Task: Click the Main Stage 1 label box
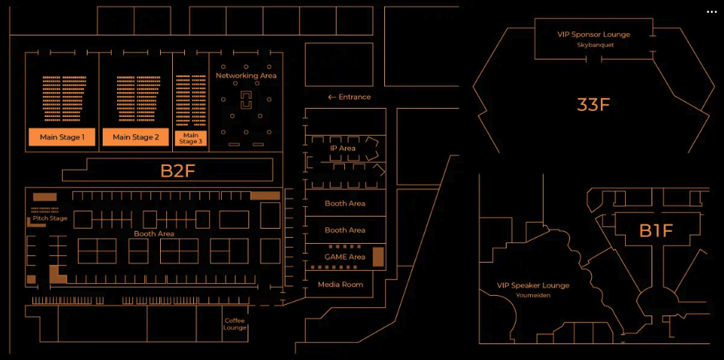(x=62, y=137)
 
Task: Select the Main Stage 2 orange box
(x=136, y=137)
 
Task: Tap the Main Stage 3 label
(x=191, y=138)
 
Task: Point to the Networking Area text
(x=246, y=75)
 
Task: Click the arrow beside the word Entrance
(x=331, y=97)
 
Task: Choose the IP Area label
(x=343, y=148)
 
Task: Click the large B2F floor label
(x=177, y=171)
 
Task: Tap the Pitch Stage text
(x=50, y=218)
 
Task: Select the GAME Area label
(x=345, y=257)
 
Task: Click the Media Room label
(x=340, y=285)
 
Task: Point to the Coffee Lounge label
(x=235, y=324)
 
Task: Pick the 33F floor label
(x=593, y=105)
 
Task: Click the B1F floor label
(x=655, y=231)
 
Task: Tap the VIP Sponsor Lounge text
(x=593, y=34)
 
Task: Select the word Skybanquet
(x=595, y=45)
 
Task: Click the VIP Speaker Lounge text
(x=533, y=285)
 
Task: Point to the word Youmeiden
(x=533, y=295)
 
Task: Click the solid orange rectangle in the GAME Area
(x=378, y=257)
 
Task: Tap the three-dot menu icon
(x=711, y=12)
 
